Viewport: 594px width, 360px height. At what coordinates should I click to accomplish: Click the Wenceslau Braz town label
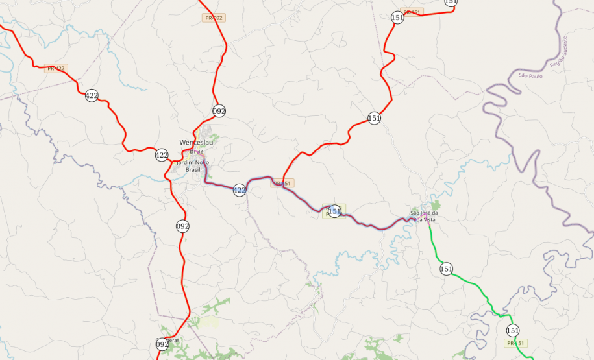pyautogui.click(x=192, y=147)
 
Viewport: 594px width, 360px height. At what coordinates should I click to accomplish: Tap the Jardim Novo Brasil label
pyautogui.click(x=193, y=165)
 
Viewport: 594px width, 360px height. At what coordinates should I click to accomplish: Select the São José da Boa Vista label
pyautogui.click(x=425, y=217)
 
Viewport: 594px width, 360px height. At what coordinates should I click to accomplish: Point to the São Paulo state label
pyautogui.click(x=530, y=76)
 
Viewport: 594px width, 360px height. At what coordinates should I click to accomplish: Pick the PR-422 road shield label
pyautogui.click(x=56, y=68)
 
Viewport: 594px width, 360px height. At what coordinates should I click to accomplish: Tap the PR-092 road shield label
pyautogui.click(x=214, y=18)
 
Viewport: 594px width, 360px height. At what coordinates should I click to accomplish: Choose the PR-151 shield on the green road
pyautogui.click(x=515, y=342)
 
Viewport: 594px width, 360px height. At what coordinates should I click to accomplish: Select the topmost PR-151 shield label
pyautogui.click(x=412, y=12)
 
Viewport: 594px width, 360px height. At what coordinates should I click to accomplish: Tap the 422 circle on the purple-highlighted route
pyautogui.click(x=240, y=190)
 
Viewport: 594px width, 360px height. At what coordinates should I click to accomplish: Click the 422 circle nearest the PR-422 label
pyautogui.click(x=92, y=95)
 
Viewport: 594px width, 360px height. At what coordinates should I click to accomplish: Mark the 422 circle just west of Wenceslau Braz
pyautogui.click(x=162, y=155)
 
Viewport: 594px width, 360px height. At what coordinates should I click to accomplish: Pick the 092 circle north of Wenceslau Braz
pyautogui.click(x=219, y=111)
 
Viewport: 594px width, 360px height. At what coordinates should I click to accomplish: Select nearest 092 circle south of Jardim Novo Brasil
pyautogui.click(x=182, y=226)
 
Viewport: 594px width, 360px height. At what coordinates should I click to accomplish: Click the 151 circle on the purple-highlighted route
pyautogui.click(x=334, y=211)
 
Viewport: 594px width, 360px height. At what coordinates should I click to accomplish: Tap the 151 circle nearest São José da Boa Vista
pyautogui.click(x=446, y=269)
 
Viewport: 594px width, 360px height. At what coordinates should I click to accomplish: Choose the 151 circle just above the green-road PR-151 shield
pyautogui.click(x=513, y=330)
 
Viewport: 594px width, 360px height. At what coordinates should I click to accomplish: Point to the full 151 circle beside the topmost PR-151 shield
pyautogui.click(x=397, y=18)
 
